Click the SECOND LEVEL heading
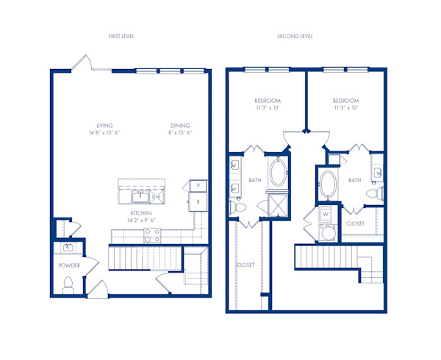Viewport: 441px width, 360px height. (x=295, y=36)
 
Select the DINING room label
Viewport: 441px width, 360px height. (x=180, y=125)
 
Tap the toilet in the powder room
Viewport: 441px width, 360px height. (x=68, y=284)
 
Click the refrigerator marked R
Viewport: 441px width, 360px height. (x=198, y=201)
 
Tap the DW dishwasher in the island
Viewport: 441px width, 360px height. (x=157, y=196)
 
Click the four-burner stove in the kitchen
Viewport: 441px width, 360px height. (x=152, y=234)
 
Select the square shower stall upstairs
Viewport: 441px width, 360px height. (x=279, y=204)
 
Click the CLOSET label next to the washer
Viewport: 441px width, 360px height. (x=355, y=222)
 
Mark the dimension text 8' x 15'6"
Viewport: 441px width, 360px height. (x=180, y=133)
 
